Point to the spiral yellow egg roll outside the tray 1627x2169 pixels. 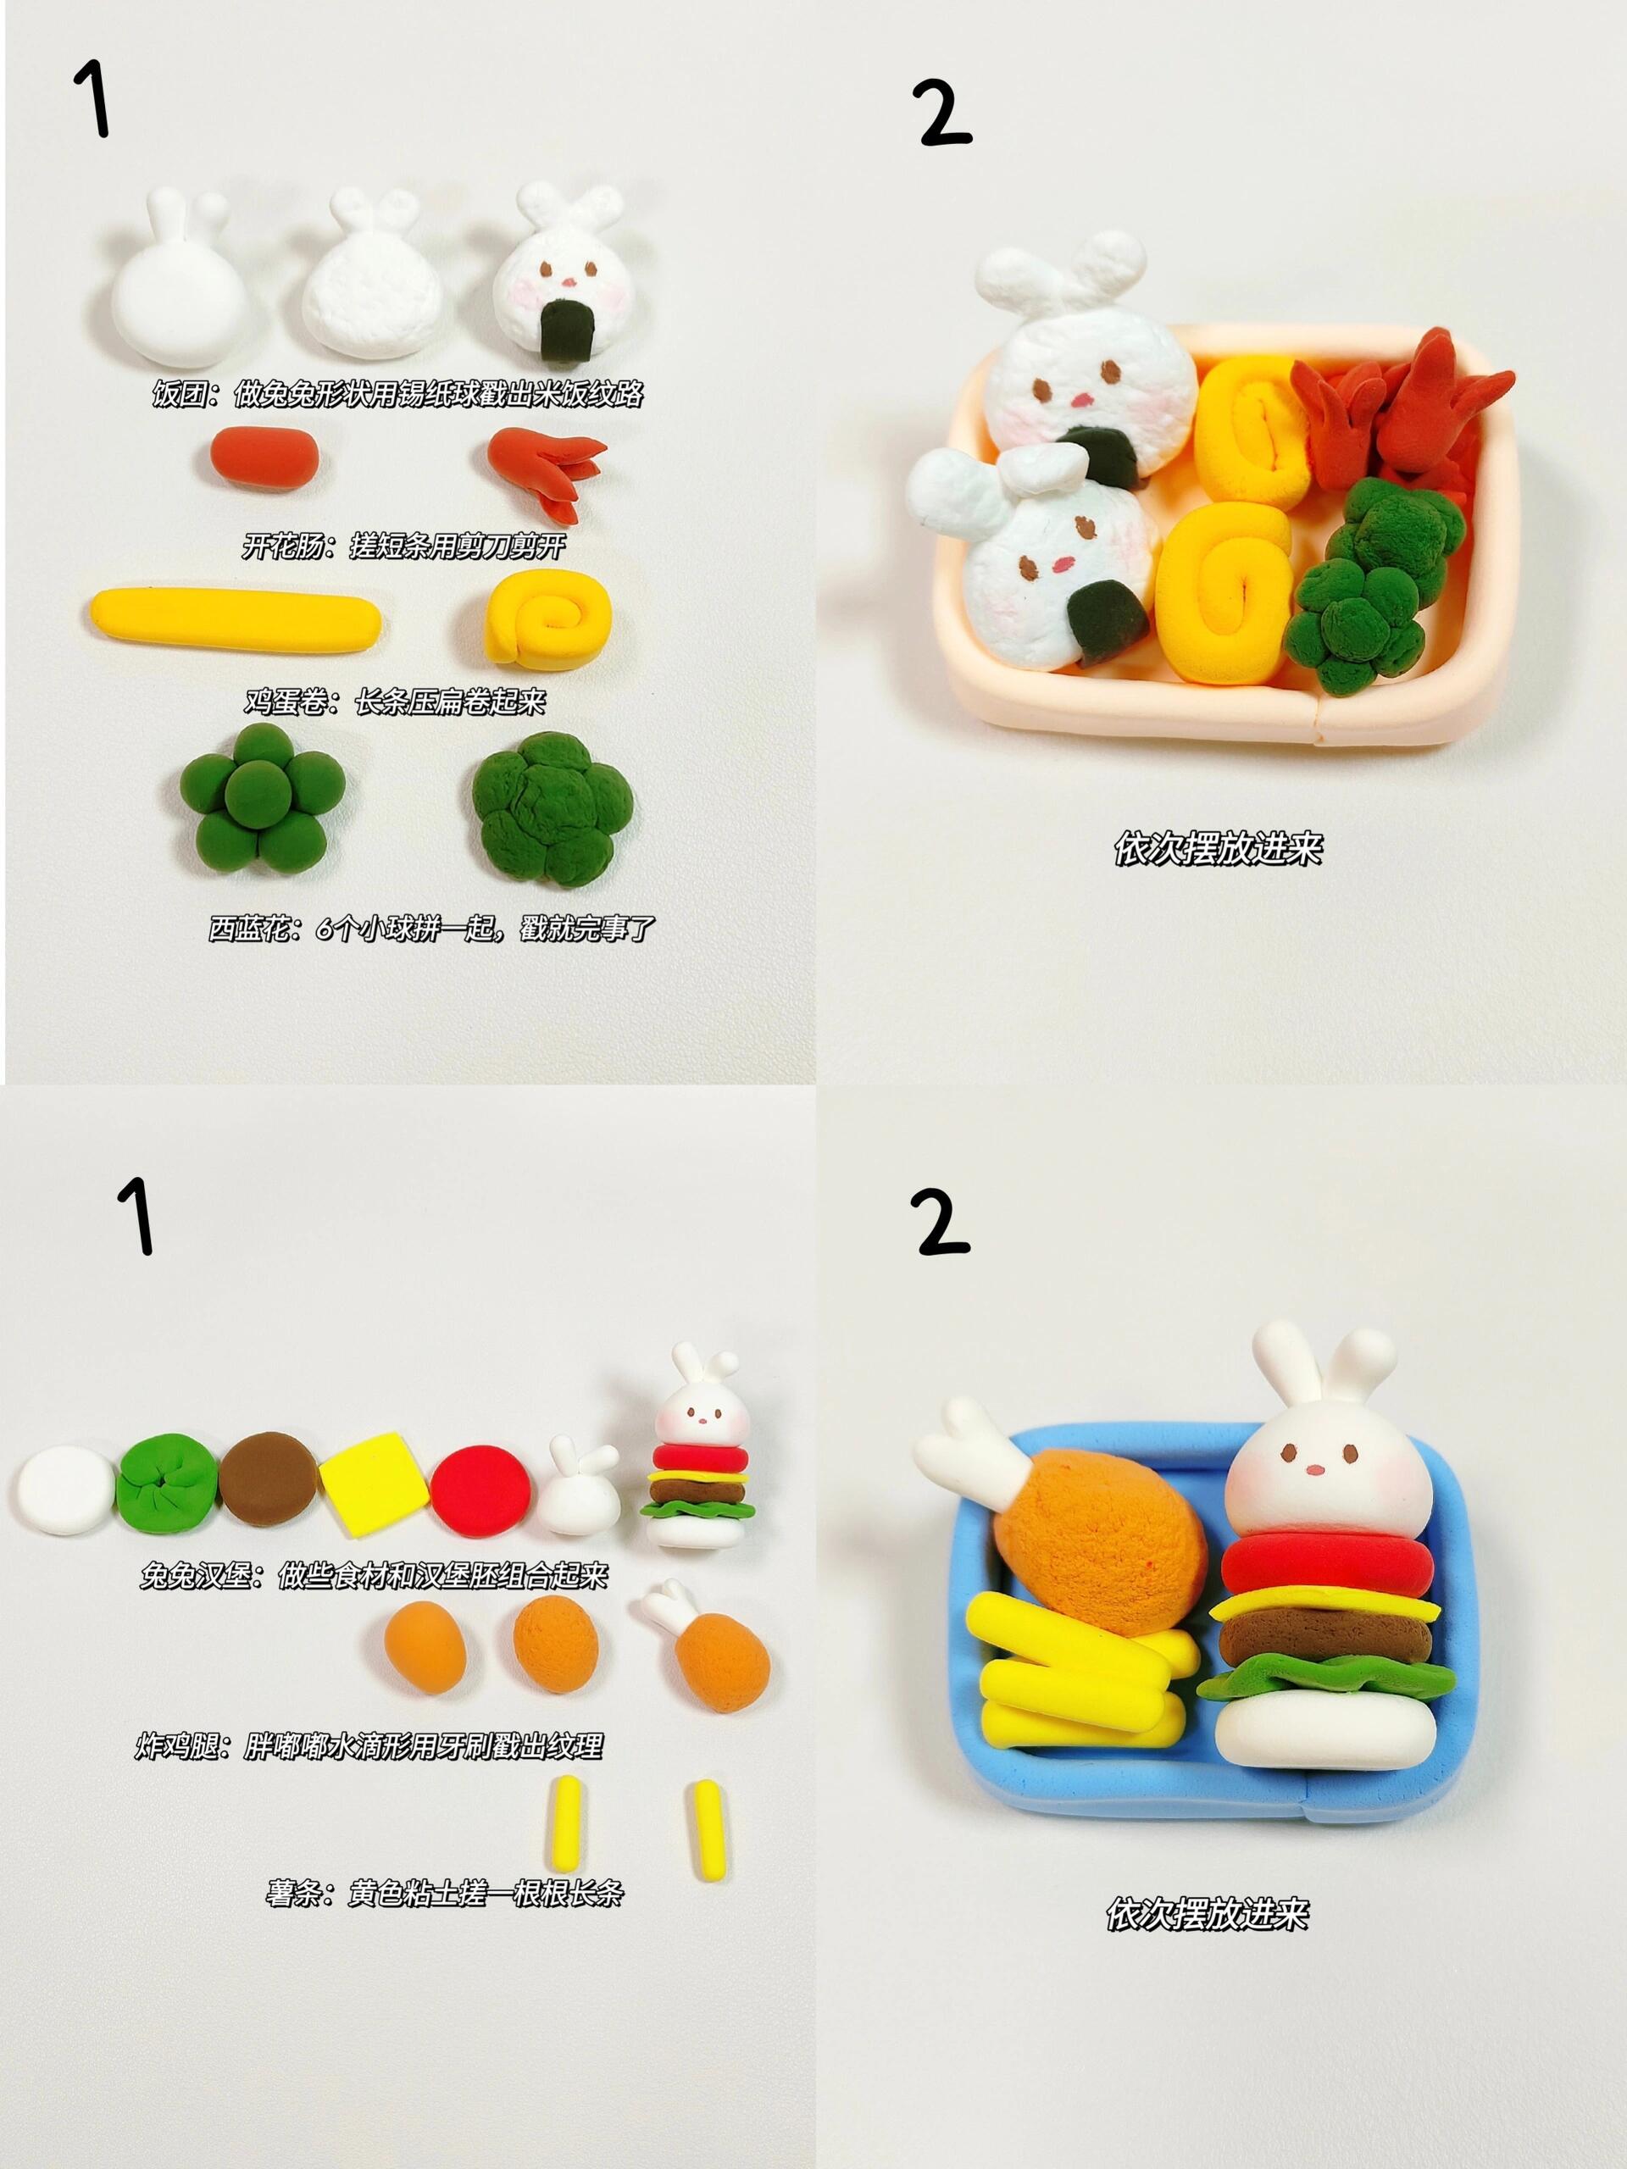click(550, 619)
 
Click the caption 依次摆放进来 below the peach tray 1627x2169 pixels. click(1218, 849)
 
